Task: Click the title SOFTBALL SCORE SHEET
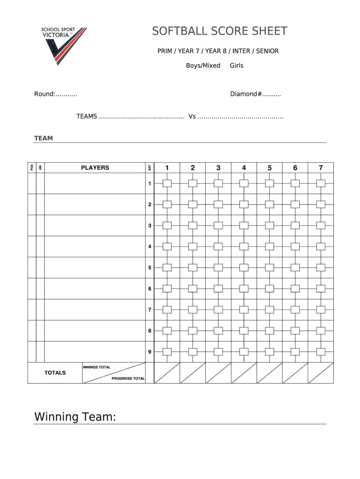point(219,31)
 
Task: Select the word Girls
point(237,65)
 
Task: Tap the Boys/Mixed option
point(203,65)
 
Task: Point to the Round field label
point(45,94)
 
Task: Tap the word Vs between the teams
point(192,116)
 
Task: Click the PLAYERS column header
point(95,167)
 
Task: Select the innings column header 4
point(244,167)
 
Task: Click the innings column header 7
point(321,167)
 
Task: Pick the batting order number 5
point(150,268)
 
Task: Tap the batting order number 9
point(150,352)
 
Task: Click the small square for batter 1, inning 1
point(167,183)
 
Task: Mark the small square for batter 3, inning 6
point(295,225)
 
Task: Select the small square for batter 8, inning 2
point(193,331)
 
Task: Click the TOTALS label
point(55,373)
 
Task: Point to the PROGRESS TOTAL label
point(128,378)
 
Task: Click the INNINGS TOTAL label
point(97,367)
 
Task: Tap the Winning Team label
point(75,417)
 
